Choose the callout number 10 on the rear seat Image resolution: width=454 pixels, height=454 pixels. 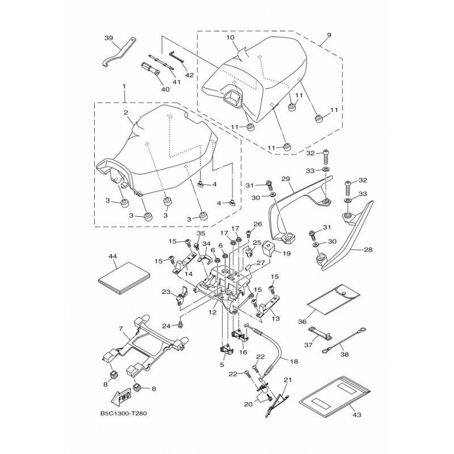[230, 37]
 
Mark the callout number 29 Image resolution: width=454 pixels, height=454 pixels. [287, 179]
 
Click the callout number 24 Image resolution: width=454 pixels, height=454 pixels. [166, 326]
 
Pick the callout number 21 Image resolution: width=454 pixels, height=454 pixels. [287, 380]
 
